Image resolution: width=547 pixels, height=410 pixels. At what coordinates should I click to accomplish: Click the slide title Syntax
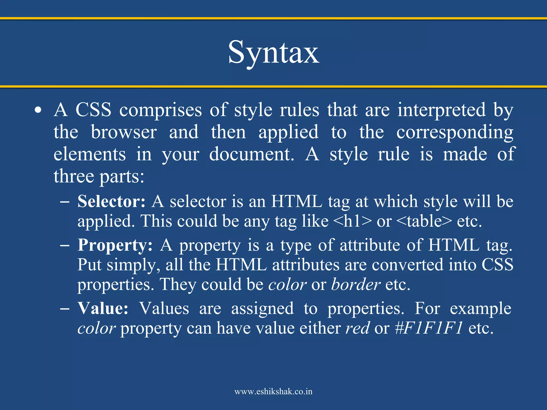click(x=273, y=52)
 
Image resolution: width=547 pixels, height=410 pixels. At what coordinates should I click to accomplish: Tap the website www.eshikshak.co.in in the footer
click(x=273, y=392)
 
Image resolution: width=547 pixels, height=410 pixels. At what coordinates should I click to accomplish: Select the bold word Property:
click(x=115, y=245)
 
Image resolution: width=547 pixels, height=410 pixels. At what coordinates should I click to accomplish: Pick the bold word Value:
click(x=103, y=308)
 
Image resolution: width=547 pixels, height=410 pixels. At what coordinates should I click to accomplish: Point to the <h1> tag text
click(x=353, y=221)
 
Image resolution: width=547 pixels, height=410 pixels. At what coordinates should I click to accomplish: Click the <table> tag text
click(x=424, y=221)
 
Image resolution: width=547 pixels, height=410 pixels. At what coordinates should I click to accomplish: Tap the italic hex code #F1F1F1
click(x=429, y=328)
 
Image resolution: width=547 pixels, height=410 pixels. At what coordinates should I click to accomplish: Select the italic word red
click(x=358, y=328)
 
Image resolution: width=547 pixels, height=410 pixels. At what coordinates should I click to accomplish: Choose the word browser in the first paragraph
click(x=124, y=132)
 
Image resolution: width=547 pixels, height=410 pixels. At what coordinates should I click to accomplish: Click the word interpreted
click(x=441, y=110)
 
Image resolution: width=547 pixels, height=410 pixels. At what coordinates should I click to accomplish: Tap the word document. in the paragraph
click(x=251, y=154)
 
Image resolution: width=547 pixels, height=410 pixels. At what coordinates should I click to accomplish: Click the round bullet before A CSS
click(x=38, y=110)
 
